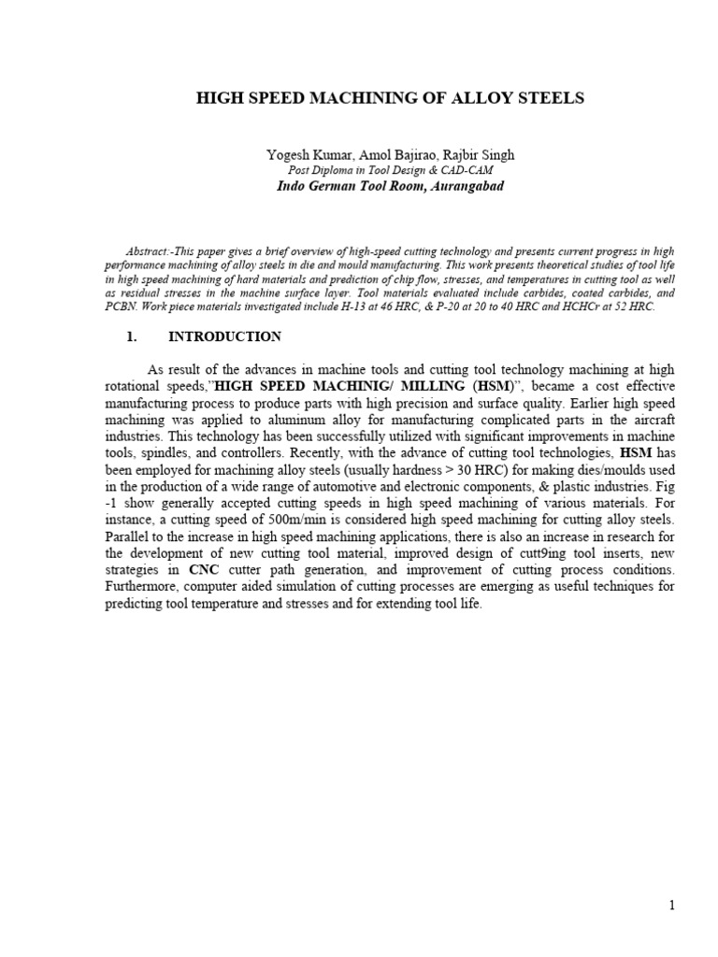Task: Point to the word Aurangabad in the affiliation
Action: coord(463,186)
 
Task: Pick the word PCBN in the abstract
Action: coord(116,307)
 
